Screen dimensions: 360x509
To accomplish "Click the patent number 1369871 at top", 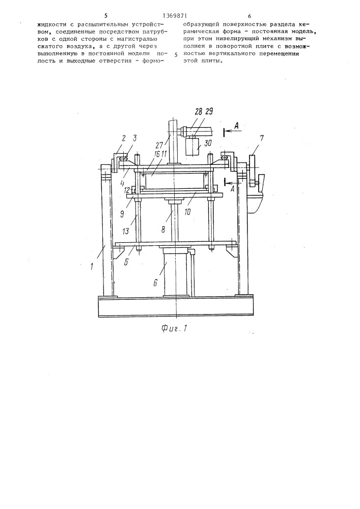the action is pyautogui.click(x=175, y=15).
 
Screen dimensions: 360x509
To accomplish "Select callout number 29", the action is pyautogui.click(x=209, y=111).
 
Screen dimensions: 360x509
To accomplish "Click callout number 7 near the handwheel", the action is pyautogui.click(x=262, y=138).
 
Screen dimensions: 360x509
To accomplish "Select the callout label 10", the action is pyautogui.click(x=187, y=212).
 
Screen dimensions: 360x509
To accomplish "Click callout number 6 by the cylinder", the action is pyautogui.click(x=155, y=282).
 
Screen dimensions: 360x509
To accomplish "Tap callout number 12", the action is pyautogui.click(x=127, y=189).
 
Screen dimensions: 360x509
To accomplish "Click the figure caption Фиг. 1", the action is pyautogui.click(x=175, y=328).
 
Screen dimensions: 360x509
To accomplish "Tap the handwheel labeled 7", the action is pyautogui.click(x=254, y=171).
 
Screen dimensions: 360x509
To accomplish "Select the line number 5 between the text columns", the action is pyautogui.click(x=176, y=54).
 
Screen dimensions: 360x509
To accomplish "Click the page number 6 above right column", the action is pyautogui.click(x=250, y=16).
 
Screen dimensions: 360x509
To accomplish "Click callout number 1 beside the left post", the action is pyautogui.click(x=93, y=267).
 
